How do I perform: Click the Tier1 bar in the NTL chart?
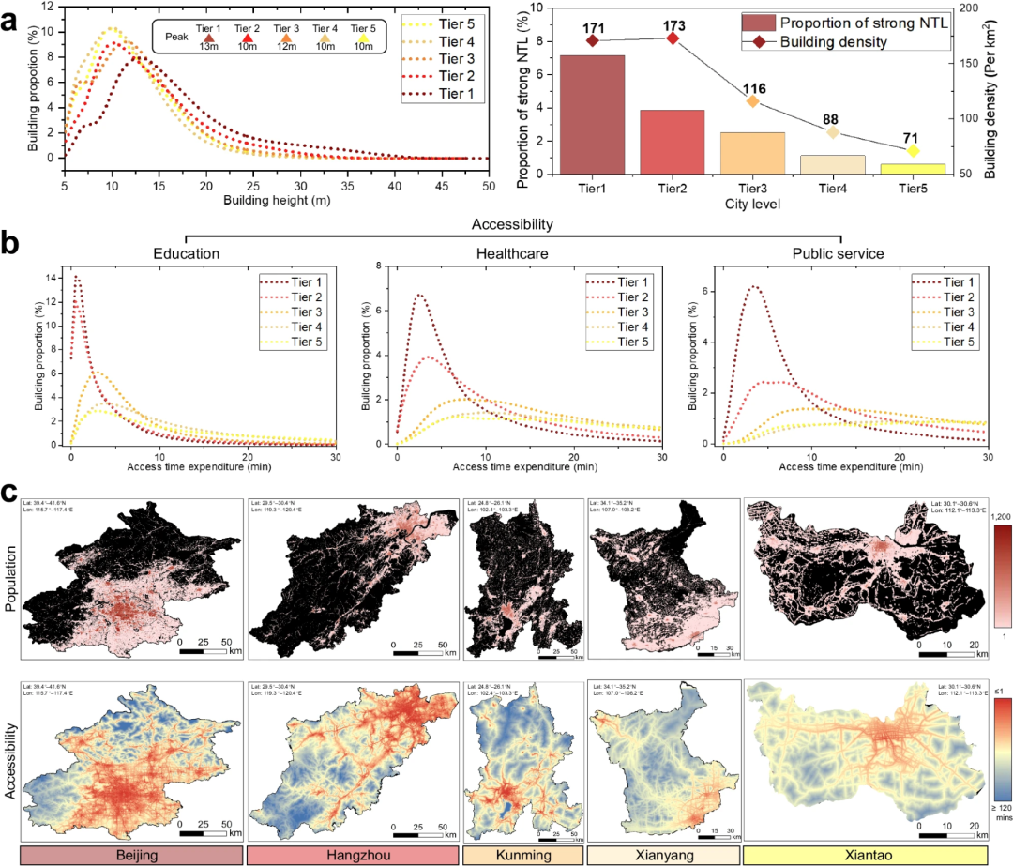(592, 114)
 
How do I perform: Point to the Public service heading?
(839, 252)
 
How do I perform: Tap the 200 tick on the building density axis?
(970, 8)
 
